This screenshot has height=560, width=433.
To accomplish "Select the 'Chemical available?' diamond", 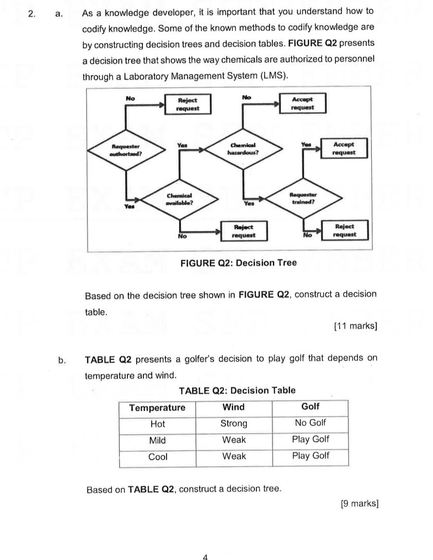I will pos(179,199).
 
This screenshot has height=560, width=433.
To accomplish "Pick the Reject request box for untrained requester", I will pos(344,230).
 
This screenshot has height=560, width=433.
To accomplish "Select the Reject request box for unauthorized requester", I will pos(188,104).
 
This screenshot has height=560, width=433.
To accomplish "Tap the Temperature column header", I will pos(157,408).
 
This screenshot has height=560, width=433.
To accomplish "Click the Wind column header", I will pos(234,407).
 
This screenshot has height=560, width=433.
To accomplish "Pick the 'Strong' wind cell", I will pos(234,424).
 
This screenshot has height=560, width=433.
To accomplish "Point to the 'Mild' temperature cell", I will pos(157,440).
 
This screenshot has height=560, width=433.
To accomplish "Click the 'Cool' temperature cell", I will pos(157,457).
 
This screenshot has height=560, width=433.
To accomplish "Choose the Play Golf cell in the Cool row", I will pos(310,456).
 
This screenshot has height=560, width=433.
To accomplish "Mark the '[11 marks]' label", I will pos(356,326).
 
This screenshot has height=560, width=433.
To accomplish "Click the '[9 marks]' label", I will pos(359,504).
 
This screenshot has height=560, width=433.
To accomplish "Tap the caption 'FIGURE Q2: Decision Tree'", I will pos(238,263).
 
